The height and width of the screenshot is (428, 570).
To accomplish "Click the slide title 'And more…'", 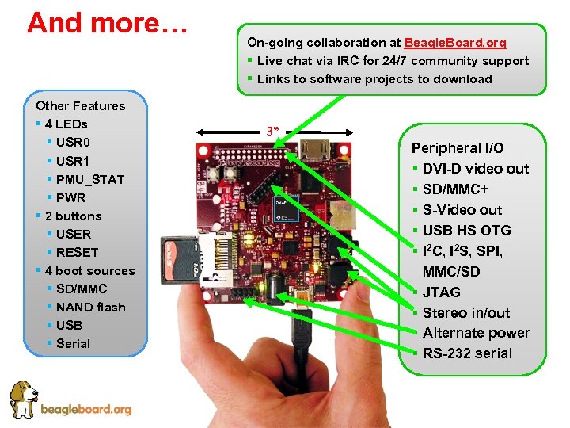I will [x=107, y=22].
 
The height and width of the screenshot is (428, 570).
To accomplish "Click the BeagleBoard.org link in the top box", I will [x=455, y=42].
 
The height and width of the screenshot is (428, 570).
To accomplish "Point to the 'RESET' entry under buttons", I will [x=77, y=252].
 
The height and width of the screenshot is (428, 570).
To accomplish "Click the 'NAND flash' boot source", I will [x=90, y=307].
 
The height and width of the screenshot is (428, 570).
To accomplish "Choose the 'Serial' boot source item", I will [x=73, y=343].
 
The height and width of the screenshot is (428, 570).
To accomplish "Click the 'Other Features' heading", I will [x=81, y=105].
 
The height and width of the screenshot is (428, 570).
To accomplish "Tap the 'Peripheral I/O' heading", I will [x=458, y=147].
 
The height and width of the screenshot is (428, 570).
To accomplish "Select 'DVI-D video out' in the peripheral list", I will [x=475, y=168].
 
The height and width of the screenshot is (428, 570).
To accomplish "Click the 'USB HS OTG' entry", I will [x=466, y=230].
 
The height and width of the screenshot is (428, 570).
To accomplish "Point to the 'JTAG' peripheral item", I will [x=441, y=292].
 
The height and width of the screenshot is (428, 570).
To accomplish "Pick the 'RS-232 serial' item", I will [x=467, y=353].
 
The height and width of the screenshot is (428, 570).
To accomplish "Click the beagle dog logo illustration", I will [x=24, y=400].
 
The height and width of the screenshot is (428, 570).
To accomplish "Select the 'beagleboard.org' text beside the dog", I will [x=85, y=409].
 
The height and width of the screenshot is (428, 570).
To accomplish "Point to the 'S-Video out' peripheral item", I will [x=462, y=209].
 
